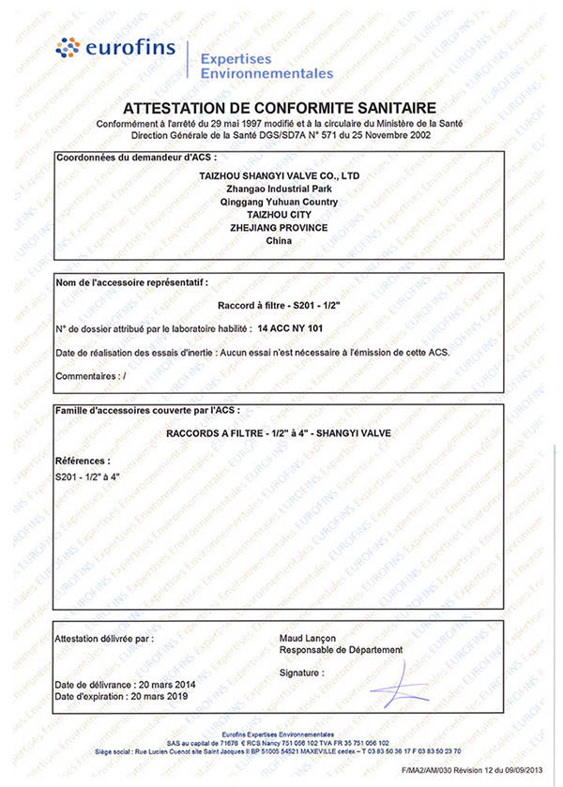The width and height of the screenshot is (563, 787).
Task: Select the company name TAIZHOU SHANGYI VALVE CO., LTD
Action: point(280,175)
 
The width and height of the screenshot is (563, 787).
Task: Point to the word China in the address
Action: point(280,241)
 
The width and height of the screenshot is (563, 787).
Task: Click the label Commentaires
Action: point(87,375)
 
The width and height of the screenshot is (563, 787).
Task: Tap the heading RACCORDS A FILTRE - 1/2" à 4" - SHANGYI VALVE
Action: point(280,432)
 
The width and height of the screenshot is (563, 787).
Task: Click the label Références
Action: point(84,462)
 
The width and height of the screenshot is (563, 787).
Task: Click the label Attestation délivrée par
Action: point(103,638)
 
